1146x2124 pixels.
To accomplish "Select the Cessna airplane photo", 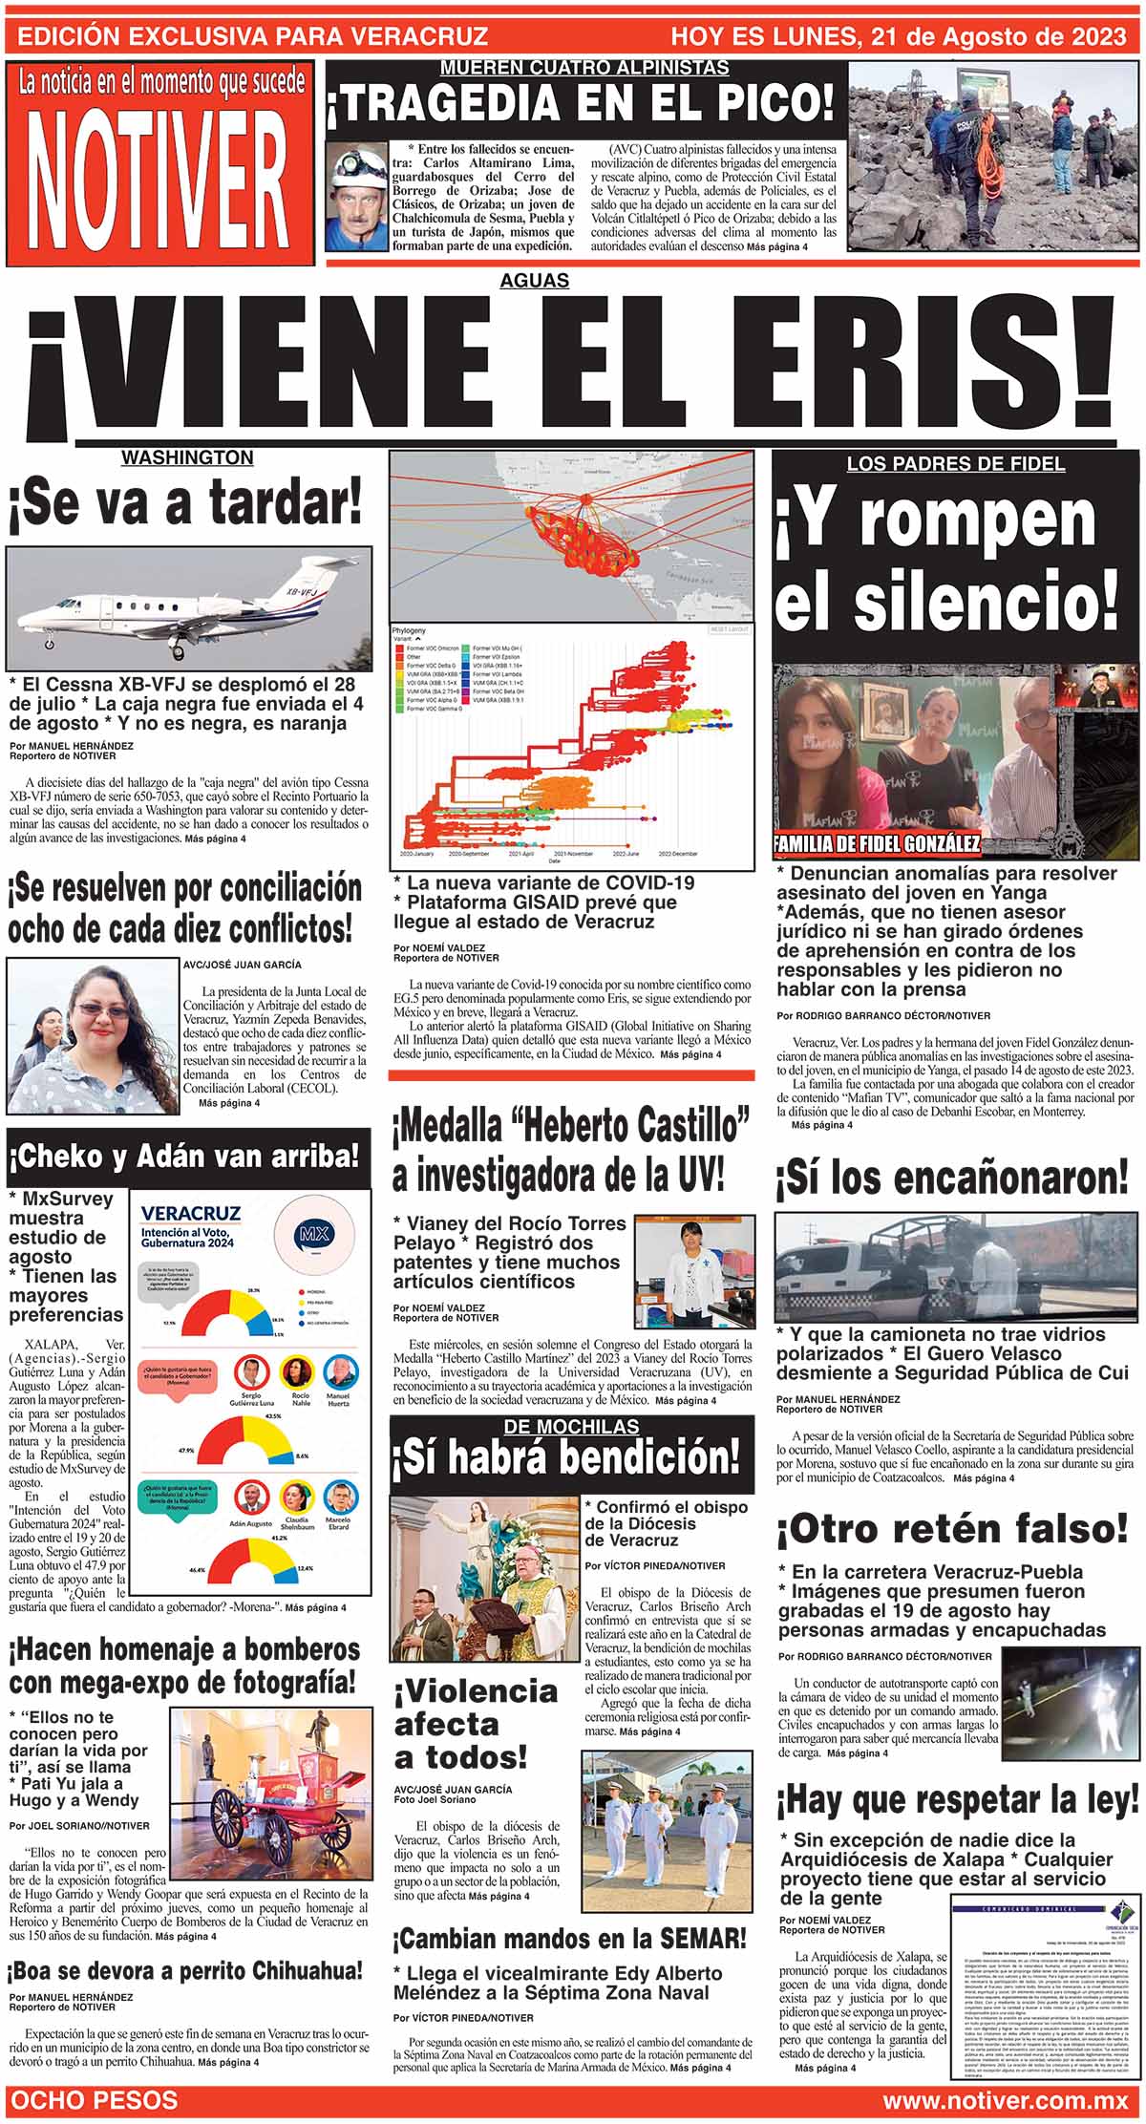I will pos(188,608).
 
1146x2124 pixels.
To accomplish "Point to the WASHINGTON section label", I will pos(187,458).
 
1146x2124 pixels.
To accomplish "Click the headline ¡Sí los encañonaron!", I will pos(952,1179).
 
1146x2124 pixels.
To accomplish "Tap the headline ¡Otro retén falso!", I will pos(952,1529).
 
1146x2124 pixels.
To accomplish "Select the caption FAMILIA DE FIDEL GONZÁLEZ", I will pos(877,843).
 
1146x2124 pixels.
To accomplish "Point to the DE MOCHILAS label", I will pos(571,1426).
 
